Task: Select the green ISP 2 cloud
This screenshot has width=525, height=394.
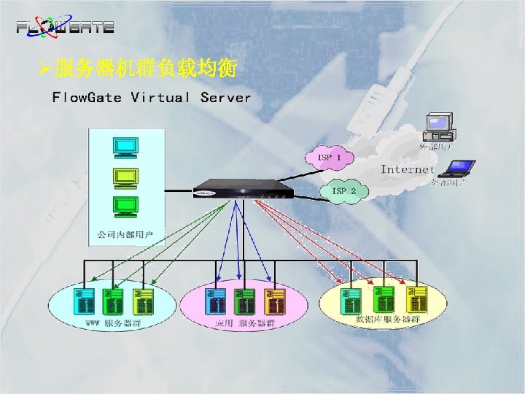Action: pos(343,191)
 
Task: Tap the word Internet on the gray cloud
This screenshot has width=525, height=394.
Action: pos(408,169)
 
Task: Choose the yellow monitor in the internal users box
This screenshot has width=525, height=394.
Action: pos(125,177)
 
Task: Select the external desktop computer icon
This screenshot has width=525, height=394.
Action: pos(440,126)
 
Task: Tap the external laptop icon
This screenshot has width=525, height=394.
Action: pos(460,169)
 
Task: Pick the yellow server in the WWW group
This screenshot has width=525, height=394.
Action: pos(141,300)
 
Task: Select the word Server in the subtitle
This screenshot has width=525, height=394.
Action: pos(225,97)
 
